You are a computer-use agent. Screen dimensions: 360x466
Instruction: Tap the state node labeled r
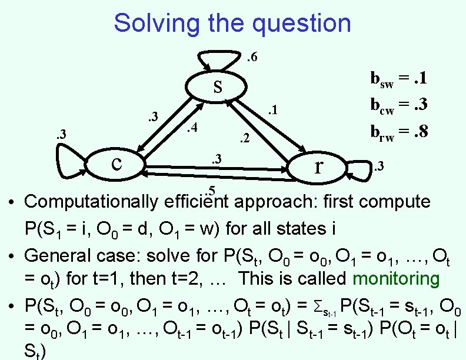(318, 167)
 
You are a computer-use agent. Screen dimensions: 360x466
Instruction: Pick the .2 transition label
(244, 139)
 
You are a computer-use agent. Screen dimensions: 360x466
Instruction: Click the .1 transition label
(271, 111)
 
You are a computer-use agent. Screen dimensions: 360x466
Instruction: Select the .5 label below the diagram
(211, 190)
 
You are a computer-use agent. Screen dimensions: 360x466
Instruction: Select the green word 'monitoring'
(399, 278)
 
